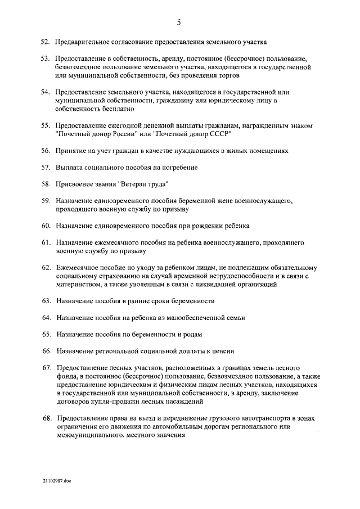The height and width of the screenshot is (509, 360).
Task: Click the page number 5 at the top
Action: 179,22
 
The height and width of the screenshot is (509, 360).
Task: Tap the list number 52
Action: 46,42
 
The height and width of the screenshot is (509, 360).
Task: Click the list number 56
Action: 46,151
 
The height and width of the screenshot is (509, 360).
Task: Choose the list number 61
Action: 46,242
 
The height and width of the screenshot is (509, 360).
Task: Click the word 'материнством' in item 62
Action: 78,285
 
